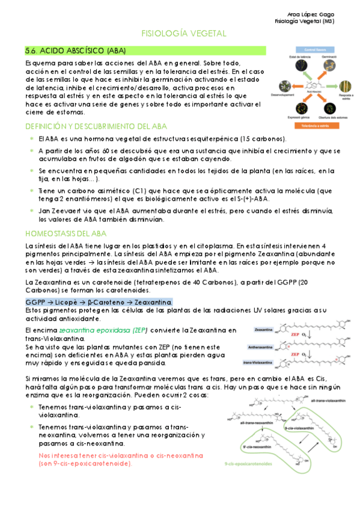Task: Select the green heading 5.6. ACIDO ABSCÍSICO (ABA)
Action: coord(68,51)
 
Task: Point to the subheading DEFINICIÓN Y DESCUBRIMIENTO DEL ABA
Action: coord(96,126)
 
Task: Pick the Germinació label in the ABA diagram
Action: coord(328,56)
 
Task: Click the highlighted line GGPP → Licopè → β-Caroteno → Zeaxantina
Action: coord(99,302)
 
